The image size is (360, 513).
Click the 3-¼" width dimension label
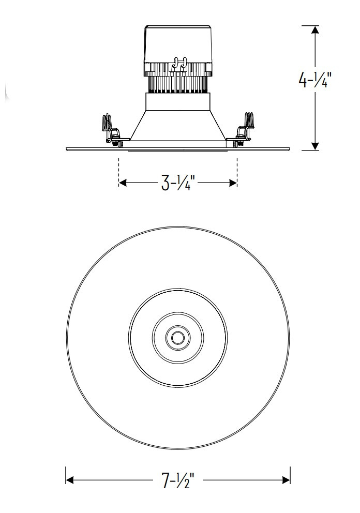pyautogui.click(x=177, y=183)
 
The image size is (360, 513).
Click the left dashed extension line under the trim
pyautogui.click(x=119, y=168)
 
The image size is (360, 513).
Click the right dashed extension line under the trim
pyautogui.click(x=237, y=168)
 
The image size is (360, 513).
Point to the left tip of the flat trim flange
pyautogui.click(x=68, y=149)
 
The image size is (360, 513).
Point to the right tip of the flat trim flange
pyautogui.click(x=288, y=149)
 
